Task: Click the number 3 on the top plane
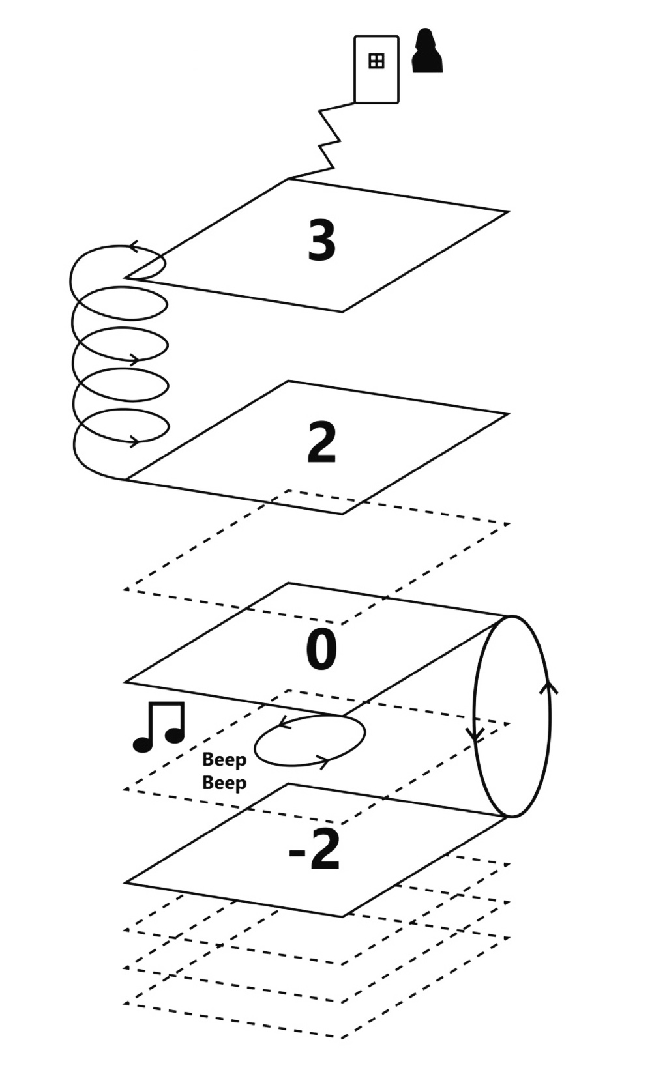(321, 240)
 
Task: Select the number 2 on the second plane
(321, 442)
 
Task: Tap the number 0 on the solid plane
(321, 650)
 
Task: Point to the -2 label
(314, 850)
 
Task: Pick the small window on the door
(376, 61)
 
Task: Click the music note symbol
(160, 727)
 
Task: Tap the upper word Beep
(224, 760)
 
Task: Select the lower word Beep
(224, 783)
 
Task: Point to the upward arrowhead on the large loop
(549, 687)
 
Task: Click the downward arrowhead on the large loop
(476, 734)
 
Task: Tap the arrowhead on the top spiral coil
(134, 247)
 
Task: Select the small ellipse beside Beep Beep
(309, 740)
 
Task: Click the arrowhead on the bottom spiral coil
(134, 441)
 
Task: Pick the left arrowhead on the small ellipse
(283, 723)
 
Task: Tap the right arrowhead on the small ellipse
(322, 759)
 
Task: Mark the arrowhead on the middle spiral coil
(133, 359)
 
